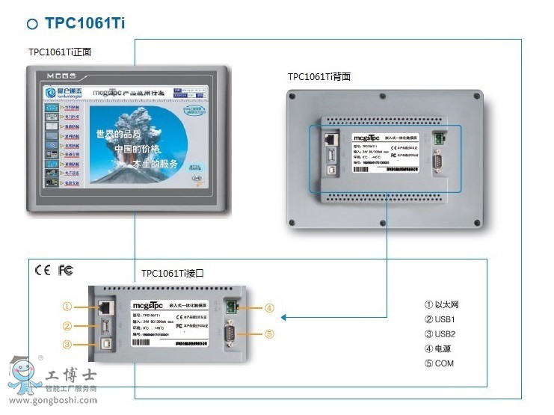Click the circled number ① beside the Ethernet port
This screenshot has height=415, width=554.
click(67, 306)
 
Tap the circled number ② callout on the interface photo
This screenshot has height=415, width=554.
click(67, 325)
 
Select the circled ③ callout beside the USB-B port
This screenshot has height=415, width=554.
click(67, 345)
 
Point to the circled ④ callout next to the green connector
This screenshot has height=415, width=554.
click(269, 307)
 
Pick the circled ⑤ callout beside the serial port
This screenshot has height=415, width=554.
click(269, 334)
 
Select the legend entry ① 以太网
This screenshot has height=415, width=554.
click(443, 304)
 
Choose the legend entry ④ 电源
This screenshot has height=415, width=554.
click(439, 348)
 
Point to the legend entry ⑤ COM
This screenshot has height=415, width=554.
click(440, 363)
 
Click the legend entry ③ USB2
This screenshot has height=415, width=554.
click(441, 333)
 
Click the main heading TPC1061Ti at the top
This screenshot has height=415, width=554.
click(84, 23)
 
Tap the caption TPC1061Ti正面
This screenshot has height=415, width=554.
click(59, 52)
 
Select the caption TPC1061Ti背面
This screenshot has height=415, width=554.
click(319, 76)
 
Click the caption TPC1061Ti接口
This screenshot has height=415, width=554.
click(172, 274)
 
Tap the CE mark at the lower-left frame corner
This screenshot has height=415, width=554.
click(43, 270)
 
